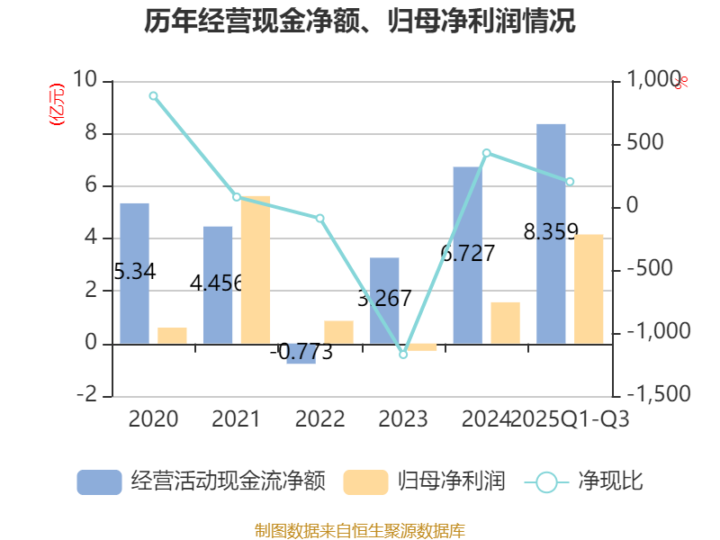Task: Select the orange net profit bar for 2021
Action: pos(256,269)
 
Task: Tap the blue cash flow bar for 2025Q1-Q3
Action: pos(551,233)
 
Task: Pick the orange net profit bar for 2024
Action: pos(506,322)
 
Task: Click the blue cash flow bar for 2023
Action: pos(384,301)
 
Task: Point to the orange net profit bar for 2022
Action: pos(339,332)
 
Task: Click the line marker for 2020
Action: pos(153,95)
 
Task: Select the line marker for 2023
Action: pos(403,355)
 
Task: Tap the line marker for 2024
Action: pos(487,153)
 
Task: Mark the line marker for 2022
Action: pos(320,218)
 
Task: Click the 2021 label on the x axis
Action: pos(236,419)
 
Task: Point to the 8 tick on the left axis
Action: pos(90,134)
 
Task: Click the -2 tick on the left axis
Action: pos(87,396)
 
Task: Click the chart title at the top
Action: pos(360,21)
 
